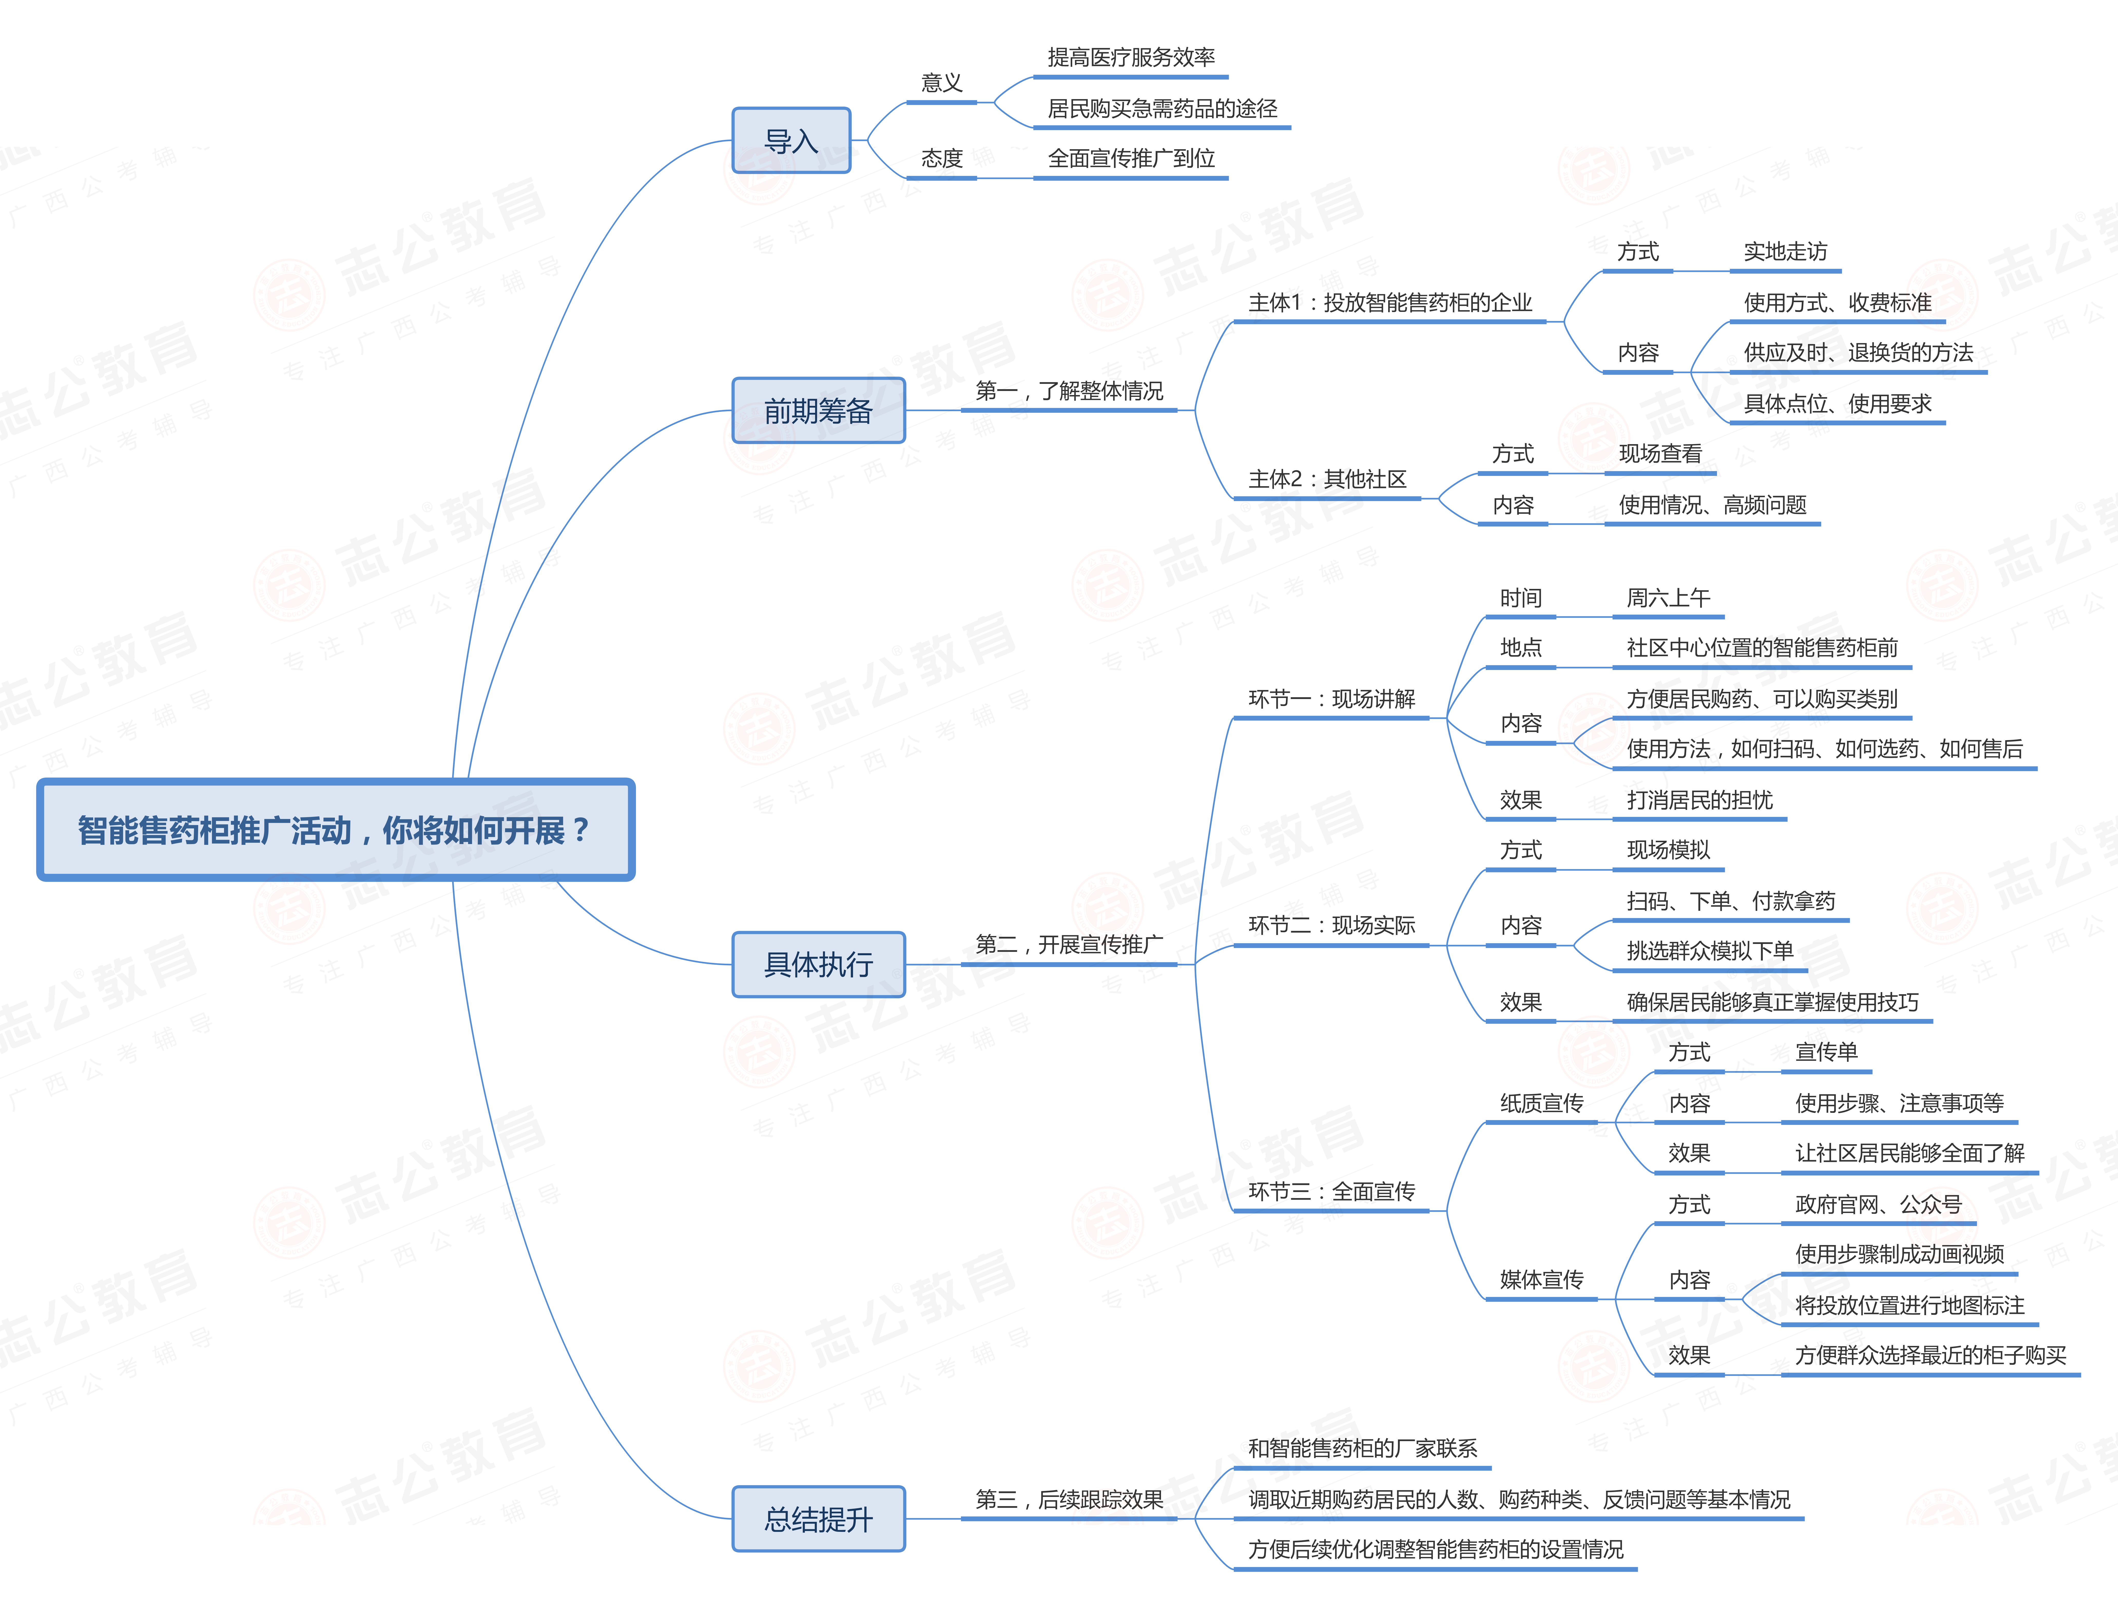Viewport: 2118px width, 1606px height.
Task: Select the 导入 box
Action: (x=791, y=141)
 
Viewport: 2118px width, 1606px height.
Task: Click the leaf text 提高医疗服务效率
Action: (x=1131, y=58)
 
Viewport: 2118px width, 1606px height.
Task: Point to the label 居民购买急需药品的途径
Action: (x=1162, y=108)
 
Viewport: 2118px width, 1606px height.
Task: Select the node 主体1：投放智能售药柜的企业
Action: (x=1389, y=303)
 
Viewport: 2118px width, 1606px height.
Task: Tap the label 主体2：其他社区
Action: (x=1327, y=479)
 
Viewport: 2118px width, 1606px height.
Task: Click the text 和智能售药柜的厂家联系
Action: (x=1362, y=1448)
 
